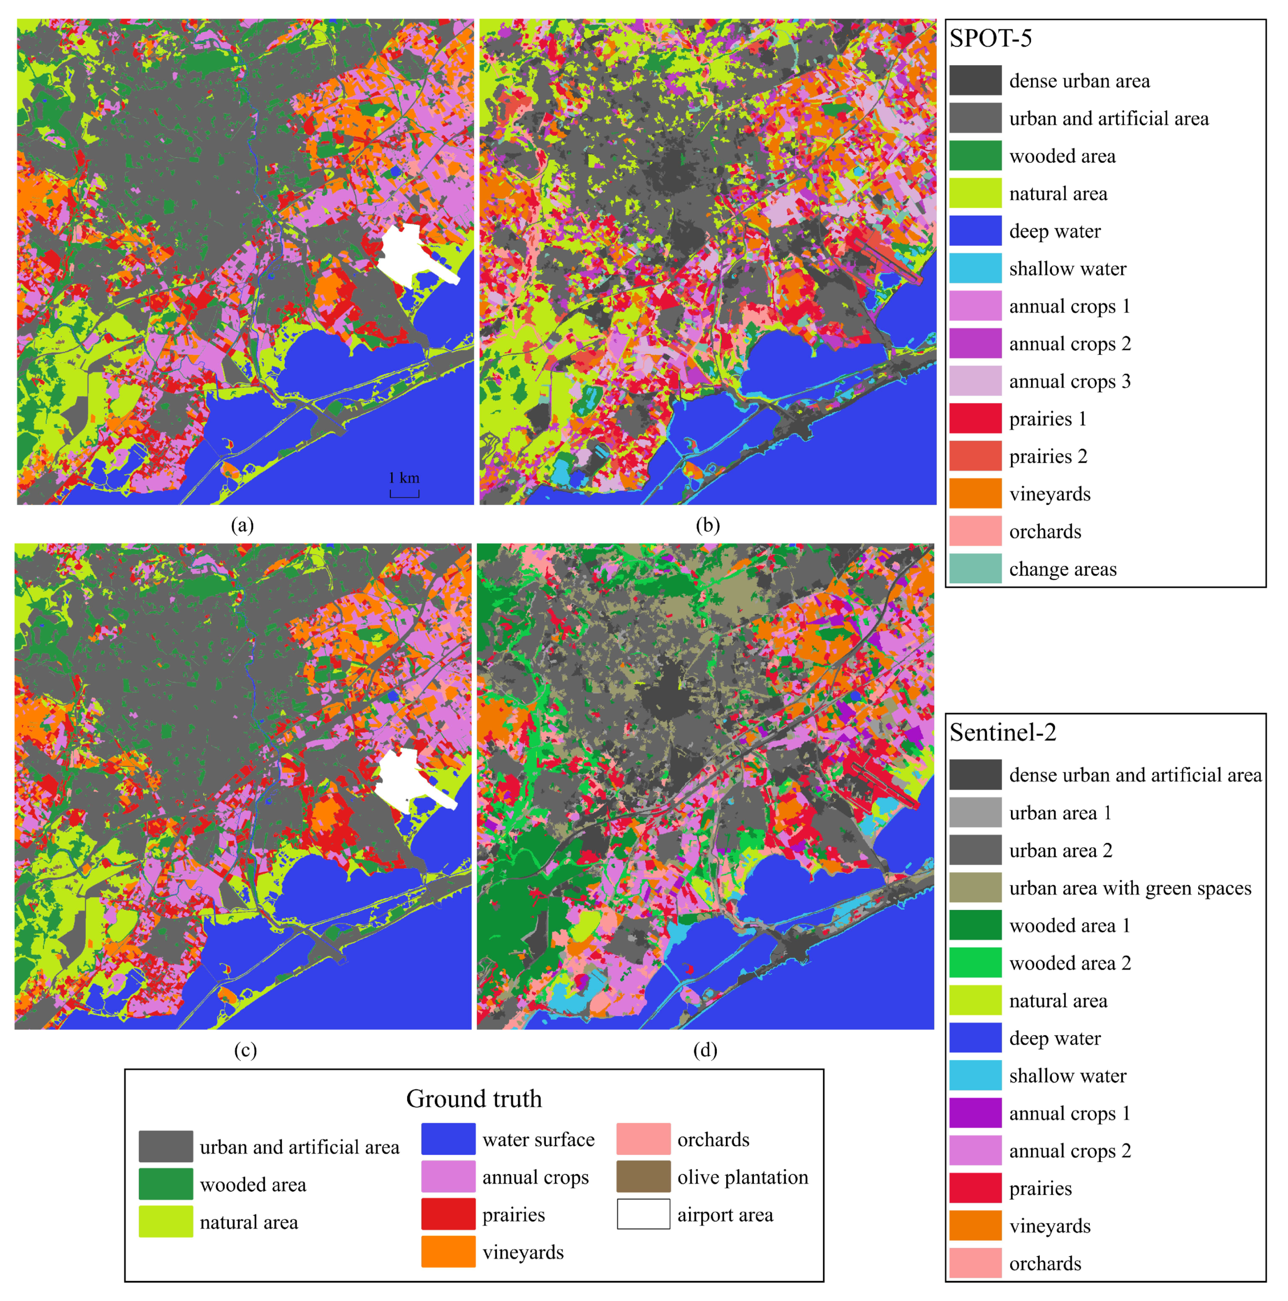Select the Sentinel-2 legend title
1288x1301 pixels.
(x=1003, y=733)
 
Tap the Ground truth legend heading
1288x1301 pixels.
(x=474, y=1099)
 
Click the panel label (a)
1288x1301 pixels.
(x=242, y=525)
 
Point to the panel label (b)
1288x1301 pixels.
(x=707, y=525)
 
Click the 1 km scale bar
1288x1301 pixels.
(x=404, y=494)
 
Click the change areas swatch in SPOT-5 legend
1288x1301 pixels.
(x=975, y=569)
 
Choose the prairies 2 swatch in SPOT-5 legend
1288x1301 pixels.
(x=975, y=456)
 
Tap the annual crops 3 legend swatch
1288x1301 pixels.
(x=975, y=381)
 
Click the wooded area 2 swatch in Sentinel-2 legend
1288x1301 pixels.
(x=975, y=963)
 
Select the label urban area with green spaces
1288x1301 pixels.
(x=1130, y=888)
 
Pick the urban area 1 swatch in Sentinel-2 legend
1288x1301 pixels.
(x=975, y=813)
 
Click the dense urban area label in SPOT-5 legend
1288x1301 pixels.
(x=1079, y=81)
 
